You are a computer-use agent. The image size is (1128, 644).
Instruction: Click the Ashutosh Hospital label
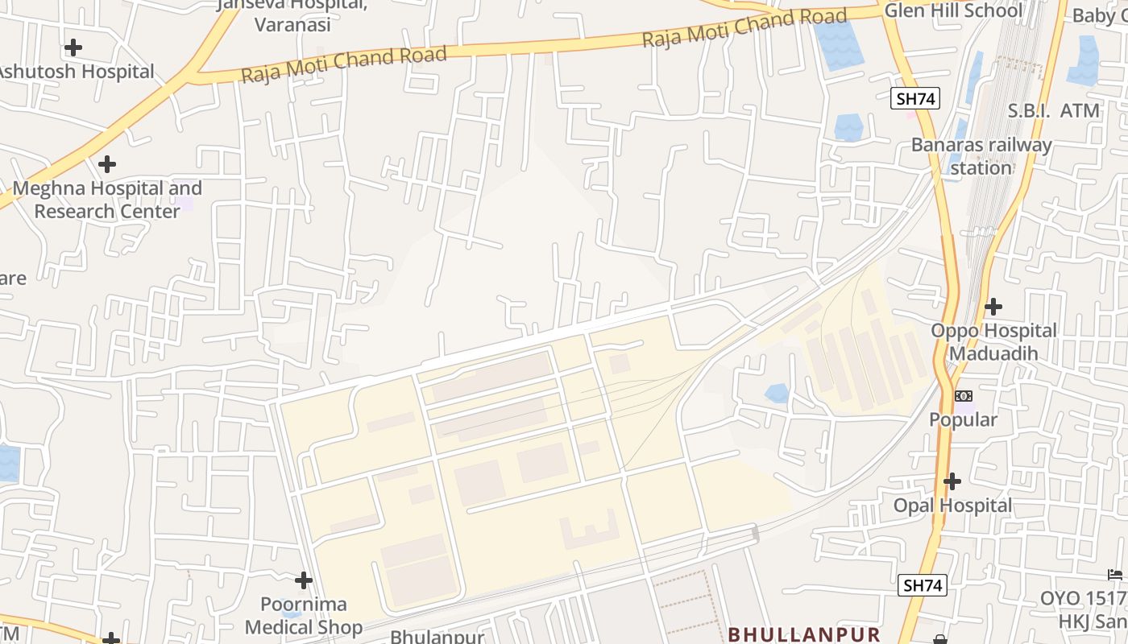[x=76, y=72]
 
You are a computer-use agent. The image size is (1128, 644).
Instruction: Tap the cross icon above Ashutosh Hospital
[x=73, y=47]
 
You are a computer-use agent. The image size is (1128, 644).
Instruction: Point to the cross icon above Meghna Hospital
[x=106, y=164]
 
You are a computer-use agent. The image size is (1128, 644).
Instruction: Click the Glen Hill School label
[x=953, y=10]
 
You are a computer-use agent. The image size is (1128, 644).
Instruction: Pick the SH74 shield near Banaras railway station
[x=916, y=99]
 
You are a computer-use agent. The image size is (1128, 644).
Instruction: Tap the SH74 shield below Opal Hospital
[x=923, y=585]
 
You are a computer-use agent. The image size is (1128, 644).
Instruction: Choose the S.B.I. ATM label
[x=1054, y=111]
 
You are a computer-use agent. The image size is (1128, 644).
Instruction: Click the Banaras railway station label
[x=981, y=156]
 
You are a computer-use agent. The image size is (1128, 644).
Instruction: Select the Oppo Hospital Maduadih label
[x=993, y=341]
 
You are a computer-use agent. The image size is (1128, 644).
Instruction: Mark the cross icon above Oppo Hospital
[x=993, y=307]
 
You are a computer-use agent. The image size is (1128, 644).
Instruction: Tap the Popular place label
[x=963, y=419]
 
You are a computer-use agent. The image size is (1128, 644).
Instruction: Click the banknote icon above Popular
[x=963, y=396]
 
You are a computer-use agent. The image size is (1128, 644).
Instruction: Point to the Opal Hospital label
[x=952, y=506]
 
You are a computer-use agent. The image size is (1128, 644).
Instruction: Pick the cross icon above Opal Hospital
[x=952, y=481]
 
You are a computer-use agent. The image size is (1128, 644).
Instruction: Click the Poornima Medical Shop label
[x=304, y=615]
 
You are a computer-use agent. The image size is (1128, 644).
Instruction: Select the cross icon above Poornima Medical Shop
[x=304, y=580]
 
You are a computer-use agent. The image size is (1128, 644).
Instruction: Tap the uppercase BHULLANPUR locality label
[x=803, y=634]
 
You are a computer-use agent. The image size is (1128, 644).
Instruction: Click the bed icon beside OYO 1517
[x=1115, y=575]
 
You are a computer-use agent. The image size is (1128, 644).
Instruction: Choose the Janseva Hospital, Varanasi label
[x=292, y=14]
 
